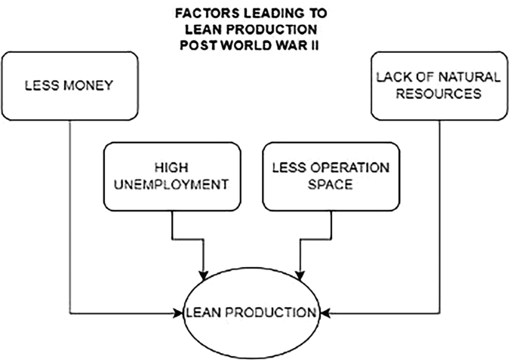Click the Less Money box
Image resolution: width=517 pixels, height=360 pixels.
tap(69, 85)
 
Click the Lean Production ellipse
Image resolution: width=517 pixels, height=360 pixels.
tap(253, 312)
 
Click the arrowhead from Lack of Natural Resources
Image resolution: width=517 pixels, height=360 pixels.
tap(325, 312)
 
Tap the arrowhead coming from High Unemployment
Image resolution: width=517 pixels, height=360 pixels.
tap(204, 272)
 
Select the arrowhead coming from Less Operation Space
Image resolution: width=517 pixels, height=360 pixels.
tap(302, 272)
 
